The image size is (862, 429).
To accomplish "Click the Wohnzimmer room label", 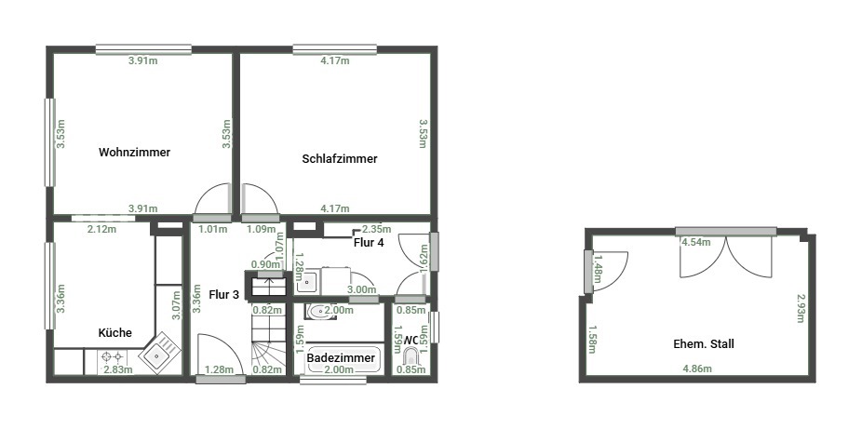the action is tap(135, 153).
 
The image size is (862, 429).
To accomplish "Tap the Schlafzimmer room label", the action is tap(340, 159).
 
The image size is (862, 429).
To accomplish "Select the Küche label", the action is tap(114, 333).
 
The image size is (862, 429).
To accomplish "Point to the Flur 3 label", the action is tap(223, 294).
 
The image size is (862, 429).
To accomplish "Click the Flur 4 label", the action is tap(369, 242).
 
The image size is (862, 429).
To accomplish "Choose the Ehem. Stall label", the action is tap(704, 344).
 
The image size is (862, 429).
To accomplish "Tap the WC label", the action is tap(411, 341).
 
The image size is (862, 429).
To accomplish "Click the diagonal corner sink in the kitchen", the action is tap(159, 354).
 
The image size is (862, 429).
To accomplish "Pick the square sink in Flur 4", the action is tap(307, 282).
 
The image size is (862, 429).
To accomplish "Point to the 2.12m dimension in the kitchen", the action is tap(102, 229).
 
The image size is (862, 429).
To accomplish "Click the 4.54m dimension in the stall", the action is tap(696, 242).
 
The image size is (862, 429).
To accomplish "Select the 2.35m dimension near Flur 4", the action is tap(377, 229).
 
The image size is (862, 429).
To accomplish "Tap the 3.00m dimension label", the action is tap(362, 289).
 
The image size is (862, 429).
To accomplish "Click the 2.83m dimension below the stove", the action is tap(118, 369).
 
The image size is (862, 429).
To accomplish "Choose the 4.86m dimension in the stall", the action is tap(697, 369).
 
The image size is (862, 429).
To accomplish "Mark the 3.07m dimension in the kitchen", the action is tap(177, 305).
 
